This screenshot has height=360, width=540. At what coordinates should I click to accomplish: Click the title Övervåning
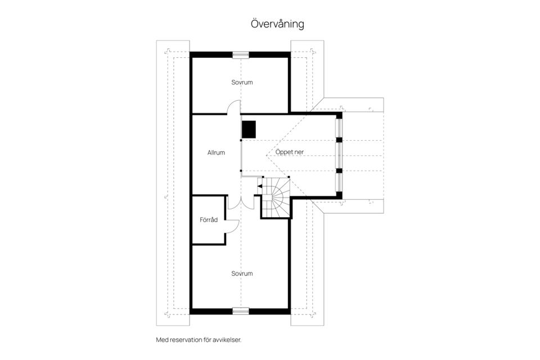coord(277,24)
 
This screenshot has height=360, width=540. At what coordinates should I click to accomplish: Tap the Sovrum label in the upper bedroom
coord(242,82)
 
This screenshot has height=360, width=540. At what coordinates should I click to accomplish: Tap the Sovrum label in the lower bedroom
coord(242,273)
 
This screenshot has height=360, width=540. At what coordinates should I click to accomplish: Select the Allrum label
coord(216,152)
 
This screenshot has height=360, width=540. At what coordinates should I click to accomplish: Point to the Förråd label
coord(209,219)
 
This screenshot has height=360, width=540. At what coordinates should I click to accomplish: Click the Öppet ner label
coord(290,152)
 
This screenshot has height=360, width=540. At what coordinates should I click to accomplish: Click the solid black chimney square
coord(249,129)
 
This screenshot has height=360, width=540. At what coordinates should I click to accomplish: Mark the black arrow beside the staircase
coord(259,184)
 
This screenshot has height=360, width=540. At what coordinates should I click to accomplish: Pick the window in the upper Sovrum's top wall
coord(241,55)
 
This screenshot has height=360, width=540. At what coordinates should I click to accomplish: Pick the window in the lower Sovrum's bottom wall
coord(241,310)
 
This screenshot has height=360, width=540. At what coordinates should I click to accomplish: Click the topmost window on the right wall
coord(339,129)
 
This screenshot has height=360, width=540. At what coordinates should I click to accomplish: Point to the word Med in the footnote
coord(161,340)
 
